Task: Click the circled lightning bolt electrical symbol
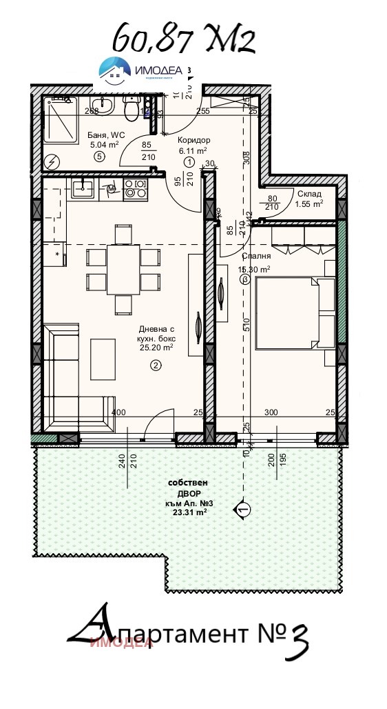pos(53,163)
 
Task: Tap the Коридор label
pos(193,140)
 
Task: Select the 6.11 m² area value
pos(193,150)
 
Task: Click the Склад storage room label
pos(308,194)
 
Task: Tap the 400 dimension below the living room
pos(118,412)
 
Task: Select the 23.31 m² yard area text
pos(186,512)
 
